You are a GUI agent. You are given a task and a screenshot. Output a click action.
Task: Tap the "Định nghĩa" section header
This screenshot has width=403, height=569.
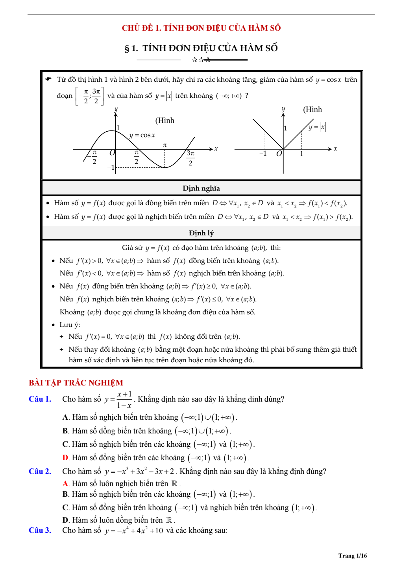(x=201, y=188)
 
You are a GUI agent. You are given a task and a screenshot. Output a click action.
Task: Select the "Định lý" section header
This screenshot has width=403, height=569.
(x=201, y=233)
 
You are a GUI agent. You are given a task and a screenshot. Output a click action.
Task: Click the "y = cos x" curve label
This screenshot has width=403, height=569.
(x=142, y=135)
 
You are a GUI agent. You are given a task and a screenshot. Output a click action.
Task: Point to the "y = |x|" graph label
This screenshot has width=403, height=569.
(x=317, y=127)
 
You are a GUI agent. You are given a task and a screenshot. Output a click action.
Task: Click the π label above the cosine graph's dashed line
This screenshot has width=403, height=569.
(x=165, y=145)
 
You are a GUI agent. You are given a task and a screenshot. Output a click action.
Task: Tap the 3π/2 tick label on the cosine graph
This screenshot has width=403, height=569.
(x=190, y=158)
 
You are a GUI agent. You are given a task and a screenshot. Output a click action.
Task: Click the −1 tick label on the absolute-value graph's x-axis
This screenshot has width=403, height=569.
(x=263, y=153)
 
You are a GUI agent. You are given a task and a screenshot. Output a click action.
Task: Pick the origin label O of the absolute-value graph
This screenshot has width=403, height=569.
(x=279, y=154)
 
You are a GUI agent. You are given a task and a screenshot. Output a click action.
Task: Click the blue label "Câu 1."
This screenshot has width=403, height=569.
(x=40, y=399)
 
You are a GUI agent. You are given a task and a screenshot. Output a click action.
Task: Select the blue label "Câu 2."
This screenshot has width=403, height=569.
(x=40, y=472)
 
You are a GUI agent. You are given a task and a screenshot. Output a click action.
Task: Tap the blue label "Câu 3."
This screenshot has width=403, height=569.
(x=40, y=530)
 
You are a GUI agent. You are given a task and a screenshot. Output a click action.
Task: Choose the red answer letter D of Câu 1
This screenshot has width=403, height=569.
(x=65, y=458)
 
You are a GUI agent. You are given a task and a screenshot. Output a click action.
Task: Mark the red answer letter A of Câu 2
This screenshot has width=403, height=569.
(x=65, y=484)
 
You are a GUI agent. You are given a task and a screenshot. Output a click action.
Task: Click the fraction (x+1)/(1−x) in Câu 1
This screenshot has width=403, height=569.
(x=124, y=400)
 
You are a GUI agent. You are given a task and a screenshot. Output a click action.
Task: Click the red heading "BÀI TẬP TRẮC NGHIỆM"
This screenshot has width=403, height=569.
(x=76, y=383)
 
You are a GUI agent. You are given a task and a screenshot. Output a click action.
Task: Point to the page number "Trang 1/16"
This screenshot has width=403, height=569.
(x=352, y=555)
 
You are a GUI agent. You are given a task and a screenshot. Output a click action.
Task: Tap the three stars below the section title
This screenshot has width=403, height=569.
(x=201, y=60)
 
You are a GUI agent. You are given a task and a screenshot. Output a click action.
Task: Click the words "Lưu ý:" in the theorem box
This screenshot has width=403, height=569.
(x=70, y=325)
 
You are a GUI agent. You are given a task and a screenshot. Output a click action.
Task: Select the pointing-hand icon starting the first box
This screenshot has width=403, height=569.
(x=48, y=79)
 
